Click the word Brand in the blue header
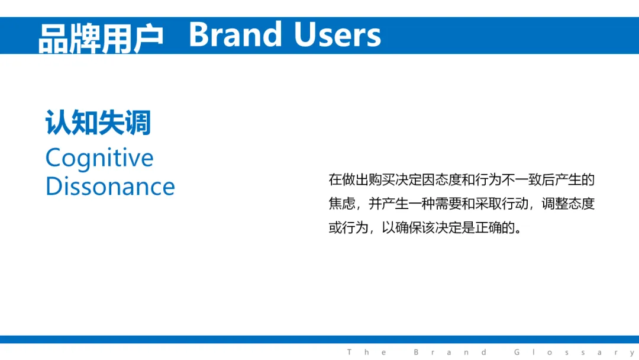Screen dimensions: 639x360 point(235,34)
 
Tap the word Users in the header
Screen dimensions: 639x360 point(337,34)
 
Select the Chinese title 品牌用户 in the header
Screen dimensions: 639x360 point(101,38)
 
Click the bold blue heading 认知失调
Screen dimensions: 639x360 point(98,123)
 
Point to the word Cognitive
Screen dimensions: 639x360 point(99,158)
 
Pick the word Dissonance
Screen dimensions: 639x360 point(110,187)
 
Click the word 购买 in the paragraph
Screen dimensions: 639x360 point(382,179)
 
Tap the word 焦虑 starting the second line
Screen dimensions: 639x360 point(342,204)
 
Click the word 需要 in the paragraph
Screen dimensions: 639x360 point(448,204)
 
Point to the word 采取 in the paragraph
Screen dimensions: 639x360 point(488,204)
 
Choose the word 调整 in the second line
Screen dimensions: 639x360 point(554,204)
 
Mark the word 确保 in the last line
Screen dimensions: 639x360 point(408,227)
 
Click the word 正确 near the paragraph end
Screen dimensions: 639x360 point(488,227)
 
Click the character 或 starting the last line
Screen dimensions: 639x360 point(335,227)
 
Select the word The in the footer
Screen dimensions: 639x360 point(367,352)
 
